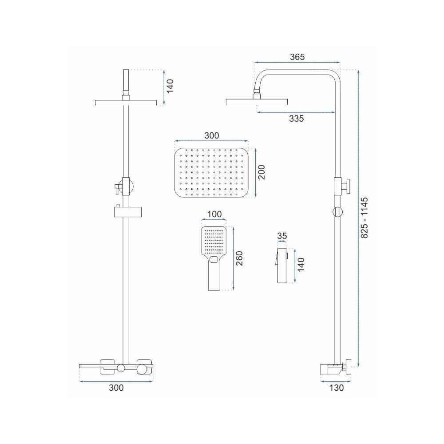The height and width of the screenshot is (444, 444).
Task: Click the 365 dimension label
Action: tap(297, 57)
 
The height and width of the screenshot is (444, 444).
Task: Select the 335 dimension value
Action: tap(297, 119)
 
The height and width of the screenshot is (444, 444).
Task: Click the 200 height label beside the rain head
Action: tap(262, 171)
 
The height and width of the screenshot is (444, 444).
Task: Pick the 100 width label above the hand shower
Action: tap(214, 214)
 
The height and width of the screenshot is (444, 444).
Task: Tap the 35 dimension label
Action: tap(281, 236)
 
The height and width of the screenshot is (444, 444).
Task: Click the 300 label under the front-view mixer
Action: tap(116, 388)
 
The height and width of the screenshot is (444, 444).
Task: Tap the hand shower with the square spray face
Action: tap(215, 258)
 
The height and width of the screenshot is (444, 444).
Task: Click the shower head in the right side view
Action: tap(256, 102)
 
